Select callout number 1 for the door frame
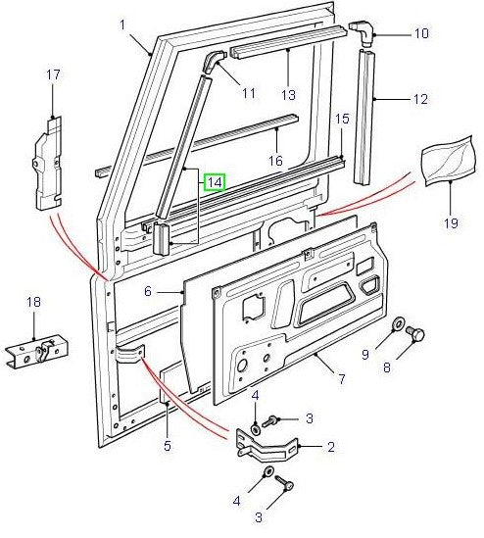point(123,24)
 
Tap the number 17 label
point(53,74)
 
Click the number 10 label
point(421,33)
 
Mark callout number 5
point(167,447)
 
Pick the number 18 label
point(34,302)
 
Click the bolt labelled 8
point(415,335)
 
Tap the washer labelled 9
point(400,326)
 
